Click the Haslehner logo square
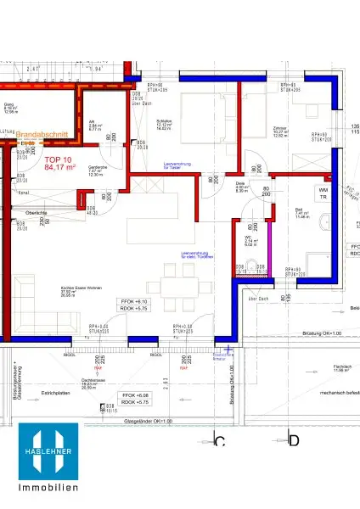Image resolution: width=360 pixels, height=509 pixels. coord(48,452)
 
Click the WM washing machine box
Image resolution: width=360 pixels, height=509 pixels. coord(323,192)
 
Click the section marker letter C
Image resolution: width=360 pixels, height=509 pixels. coord(219,440)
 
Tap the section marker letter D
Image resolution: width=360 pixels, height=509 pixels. coord(294,440)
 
